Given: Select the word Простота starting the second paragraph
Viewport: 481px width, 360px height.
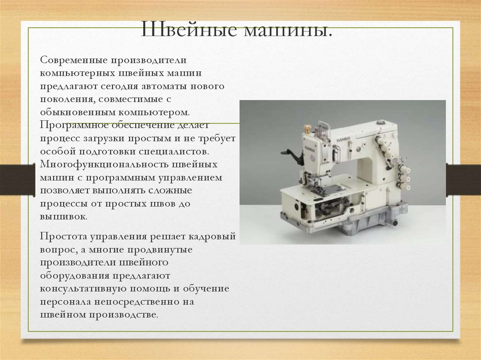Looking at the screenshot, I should [61, 237].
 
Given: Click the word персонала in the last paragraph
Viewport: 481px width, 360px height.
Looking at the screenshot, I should [62, 302].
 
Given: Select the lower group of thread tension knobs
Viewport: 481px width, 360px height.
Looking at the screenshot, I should [403, 176].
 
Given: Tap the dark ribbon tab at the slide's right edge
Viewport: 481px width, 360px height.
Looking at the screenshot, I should [463, 179].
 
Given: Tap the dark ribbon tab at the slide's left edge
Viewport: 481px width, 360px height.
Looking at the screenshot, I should [17, 180].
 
